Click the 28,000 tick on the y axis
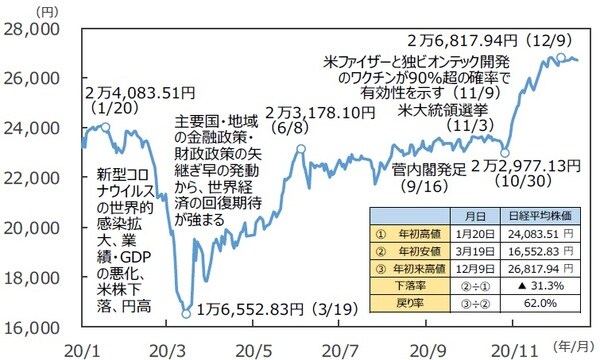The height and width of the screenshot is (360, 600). click(x=29, y=30)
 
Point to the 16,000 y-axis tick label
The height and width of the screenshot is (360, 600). click(x=29, y=327)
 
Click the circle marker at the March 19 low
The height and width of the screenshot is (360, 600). click(x=185, y=313)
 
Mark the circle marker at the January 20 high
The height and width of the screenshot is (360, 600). click(x=106, y=128)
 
